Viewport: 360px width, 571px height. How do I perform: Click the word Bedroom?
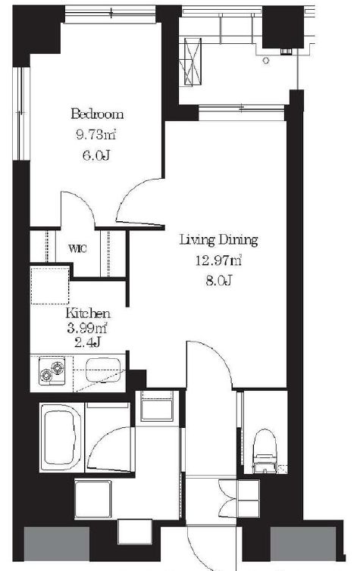[x=97, y=114]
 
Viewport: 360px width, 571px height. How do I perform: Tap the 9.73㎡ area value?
[x=95, y=135]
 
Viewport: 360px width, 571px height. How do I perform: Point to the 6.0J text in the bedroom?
[x=96, y=156]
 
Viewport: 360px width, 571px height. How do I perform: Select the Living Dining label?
[x=219, y=240]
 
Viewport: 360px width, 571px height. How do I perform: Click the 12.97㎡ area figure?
[x=219, y=261]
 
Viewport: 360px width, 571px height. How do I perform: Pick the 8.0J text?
[x=218, y=281]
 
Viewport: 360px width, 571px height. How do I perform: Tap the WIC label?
[x=77, y=249]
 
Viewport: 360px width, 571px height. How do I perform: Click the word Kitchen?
[x=88, y=314]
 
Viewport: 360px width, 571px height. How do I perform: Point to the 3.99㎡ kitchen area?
[x=86, y=329]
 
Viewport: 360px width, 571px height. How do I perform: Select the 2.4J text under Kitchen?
[x=87, y=342]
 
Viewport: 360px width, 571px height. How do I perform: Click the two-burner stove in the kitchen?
[x=52, y=371]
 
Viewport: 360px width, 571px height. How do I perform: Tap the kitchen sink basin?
[x=103, y=370]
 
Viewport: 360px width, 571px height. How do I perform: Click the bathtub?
[x=61, y=436]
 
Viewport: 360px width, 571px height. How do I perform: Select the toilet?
[x=265, y=451]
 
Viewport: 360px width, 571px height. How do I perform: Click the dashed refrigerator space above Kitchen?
[x=50, y=285]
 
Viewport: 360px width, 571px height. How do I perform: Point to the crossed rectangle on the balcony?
[x=193, y=61]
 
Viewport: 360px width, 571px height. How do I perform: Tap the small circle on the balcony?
[x=266, y=61]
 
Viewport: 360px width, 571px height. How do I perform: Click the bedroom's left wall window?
[x=21, y=113]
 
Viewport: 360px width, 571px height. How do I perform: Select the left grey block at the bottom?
[x=57, y=544]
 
